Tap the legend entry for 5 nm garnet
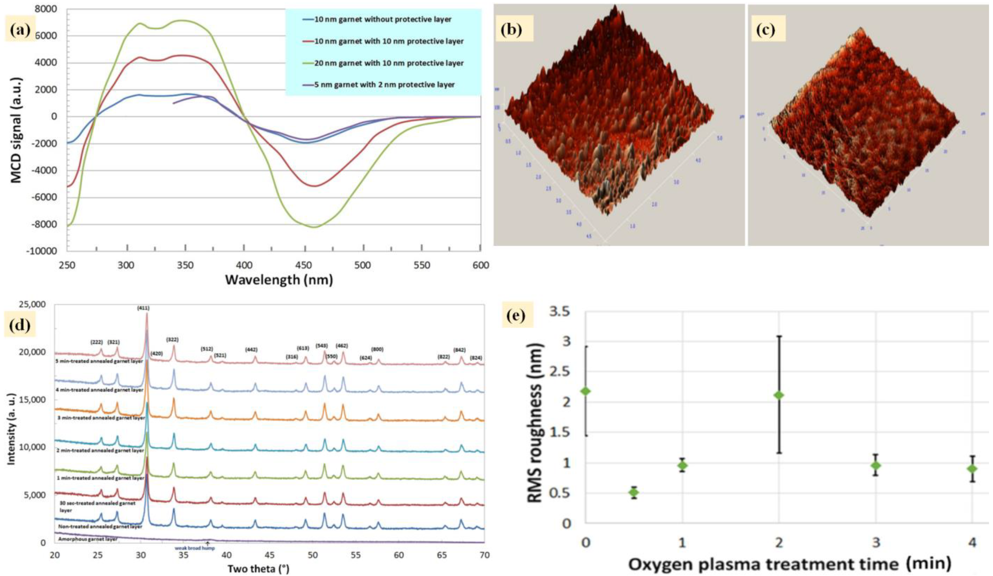click(384, 85)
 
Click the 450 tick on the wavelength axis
click(303, 265)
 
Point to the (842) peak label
click(459, 350)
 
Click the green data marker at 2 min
click(779, 395)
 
